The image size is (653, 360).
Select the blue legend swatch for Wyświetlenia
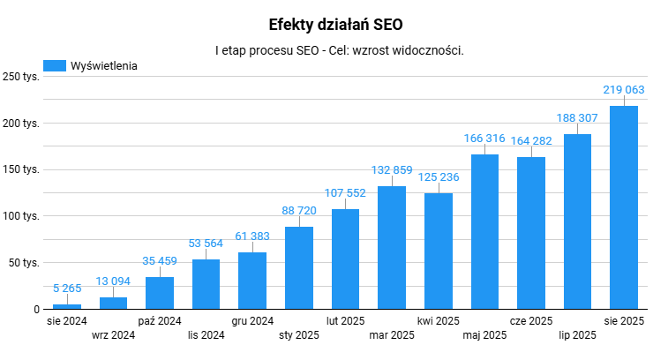[x=55, y=65]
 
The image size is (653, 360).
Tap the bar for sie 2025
[x=624, y=207]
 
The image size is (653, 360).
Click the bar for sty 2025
[x=299, y=267]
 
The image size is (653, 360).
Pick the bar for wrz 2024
[x=113, y=303]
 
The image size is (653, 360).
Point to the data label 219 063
[x=624, y=91]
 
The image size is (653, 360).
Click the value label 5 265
[x=67, y=288]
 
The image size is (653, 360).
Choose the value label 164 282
[x=531, y=142]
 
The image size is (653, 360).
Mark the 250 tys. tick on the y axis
[x=20, y=77]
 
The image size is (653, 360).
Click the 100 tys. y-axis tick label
[x=20, y=216]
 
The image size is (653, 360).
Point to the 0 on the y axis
[x=36, y=309]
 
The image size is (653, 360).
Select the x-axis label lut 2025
[x=345, y=321]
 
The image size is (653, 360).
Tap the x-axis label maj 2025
[x=484, y=335]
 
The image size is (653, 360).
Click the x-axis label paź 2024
[x=160, y=321]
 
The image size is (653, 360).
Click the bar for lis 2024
[x=206, y=283]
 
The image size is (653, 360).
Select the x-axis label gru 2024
[x=252, y=321]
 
